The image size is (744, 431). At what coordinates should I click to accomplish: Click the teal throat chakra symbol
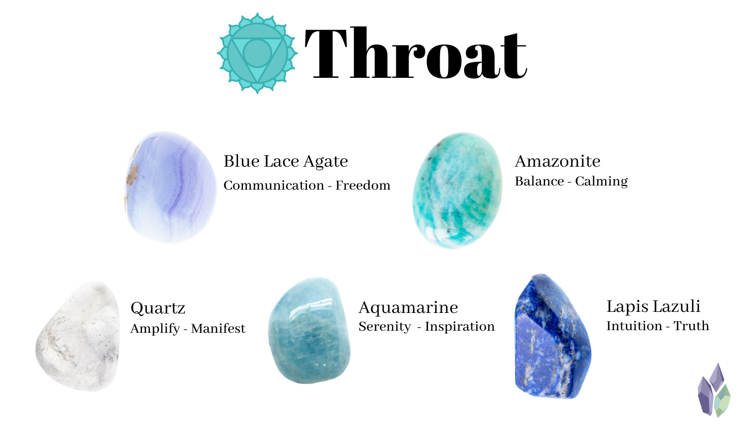point(257,53)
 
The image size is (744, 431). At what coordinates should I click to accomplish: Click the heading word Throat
point(416,53)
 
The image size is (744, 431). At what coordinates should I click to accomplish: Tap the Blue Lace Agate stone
point(171,187)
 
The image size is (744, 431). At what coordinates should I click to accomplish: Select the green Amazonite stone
point(457,190)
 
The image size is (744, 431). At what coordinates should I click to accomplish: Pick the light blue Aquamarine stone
point(309,330)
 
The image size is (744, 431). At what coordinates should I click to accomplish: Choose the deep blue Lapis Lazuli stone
point(552,336)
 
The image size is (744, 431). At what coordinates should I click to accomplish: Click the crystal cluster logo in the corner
point(714,390)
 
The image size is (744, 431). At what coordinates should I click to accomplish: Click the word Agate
point(326,162)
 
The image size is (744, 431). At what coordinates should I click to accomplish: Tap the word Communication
point(274,185)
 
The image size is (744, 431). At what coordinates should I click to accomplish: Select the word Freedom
point(363,185)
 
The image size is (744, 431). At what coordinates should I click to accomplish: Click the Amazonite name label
point(558,161)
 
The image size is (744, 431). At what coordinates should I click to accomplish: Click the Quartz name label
point(158,308)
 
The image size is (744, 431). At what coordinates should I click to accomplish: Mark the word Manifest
point(218,329)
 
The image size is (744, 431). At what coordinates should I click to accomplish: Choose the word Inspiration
point(460,327)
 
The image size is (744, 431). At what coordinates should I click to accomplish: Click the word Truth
point(691,326)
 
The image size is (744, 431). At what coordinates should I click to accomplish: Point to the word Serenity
point(385,327)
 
